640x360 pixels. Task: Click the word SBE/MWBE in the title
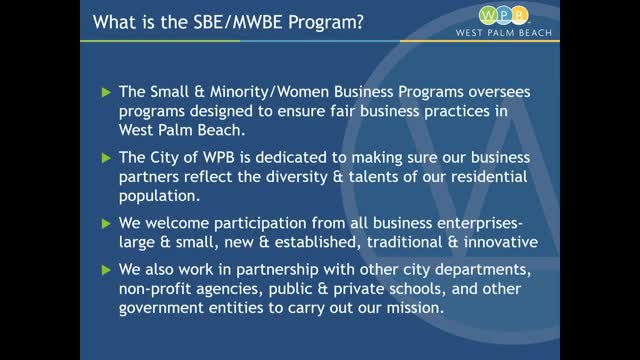238,22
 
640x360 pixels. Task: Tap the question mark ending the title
360,22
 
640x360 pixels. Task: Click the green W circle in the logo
488,16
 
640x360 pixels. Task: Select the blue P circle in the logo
504,16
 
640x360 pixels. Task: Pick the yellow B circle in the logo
519,16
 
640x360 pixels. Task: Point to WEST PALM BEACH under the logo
504,33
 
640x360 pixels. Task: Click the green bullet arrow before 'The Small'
106,92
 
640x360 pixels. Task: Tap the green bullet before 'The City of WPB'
106,158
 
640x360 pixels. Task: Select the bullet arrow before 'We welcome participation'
106,224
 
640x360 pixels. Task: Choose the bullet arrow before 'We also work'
106,270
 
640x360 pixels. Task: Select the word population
160,196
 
